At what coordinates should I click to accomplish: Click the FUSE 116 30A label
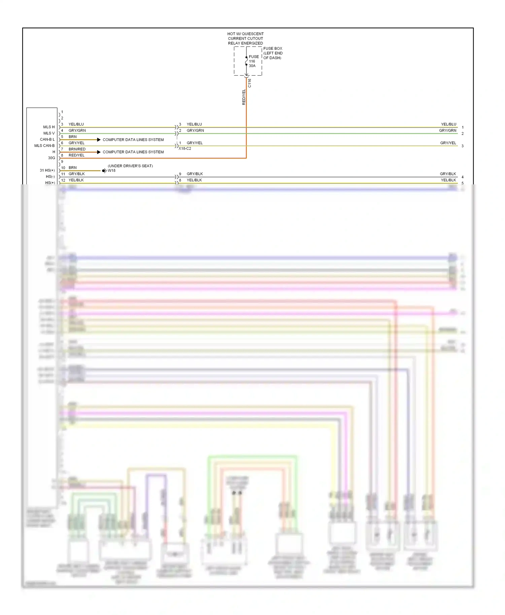click(x=254, y=61)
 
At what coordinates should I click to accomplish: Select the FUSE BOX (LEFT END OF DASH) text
click(x=273, y=53)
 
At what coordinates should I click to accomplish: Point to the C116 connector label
click(x=249, y=83)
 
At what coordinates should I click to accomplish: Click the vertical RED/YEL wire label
click(x=244, y=97)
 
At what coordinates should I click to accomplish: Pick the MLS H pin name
click(x=49, y=127)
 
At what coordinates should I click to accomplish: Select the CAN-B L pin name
click(x=47, y=140)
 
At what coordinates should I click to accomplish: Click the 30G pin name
click(x=51, y=158)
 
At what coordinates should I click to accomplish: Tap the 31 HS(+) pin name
click(x=47, y=171)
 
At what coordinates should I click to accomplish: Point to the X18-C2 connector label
click(x=185, y=149)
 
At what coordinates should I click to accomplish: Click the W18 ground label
click(x=111, y=171)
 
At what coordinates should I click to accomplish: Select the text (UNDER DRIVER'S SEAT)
click(x=130, y=166)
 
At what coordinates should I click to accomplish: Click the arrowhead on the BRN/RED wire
click(x=99, y=152)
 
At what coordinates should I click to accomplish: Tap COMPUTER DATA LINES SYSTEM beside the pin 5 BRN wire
click(x=133, y=140)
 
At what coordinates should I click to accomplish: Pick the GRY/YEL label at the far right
click(x=448, y=143)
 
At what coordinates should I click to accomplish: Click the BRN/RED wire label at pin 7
click(x=77, y=149)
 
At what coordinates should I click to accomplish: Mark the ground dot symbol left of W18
click(x=103, y=171)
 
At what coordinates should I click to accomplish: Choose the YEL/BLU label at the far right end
click(x=448, y=124)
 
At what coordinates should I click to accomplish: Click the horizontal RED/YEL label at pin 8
click(x=76, y=155)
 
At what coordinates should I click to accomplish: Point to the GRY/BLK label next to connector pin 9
click(x=195, y=174)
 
